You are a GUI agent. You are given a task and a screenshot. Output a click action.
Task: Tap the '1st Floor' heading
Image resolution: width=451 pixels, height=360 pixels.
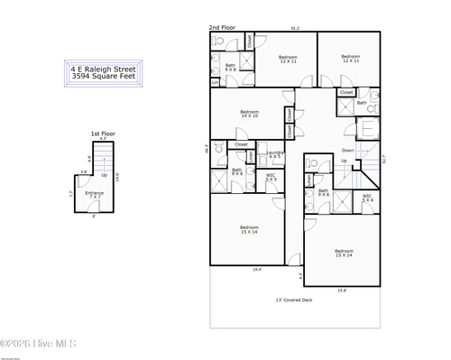point(102,134)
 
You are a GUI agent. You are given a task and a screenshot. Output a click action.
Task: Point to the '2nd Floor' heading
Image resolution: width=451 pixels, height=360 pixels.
point(222,28)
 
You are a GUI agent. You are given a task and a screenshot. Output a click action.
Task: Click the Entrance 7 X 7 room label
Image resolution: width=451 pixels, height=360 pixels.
point(94,194)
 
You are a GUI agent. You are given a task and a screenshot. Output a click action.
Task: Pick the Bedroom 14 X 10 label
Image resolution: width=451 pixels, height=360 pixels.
point(250,114)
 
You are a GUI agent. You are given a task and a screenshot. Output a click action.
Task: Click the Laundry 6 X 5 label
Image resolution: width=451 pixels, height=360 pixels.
point(276,154)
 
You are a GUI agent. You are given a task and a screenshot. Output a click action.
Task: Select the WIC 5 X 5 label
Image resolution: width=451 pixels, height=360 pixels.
point(271,177)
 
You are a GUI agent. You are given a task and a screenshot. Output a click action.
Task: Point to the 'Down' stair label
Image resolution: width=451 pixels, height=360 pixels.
point(347,150)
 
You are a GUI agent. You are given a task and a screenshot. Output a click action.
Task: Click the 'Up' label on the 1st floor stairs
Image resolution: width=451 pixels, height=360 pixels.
point(105,175)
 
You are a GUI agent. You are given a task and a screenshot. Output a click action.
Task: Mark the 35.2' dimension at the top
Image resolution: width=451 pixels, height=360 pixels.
point(294,29)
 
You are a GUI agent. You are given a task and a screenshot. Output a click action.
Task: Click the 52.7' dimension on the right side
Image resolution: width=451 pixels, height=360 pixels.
point(384,160)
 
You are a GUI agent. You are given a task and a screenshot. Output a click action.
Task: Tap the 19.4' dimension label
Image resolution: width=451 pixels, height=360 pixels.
point(257,268)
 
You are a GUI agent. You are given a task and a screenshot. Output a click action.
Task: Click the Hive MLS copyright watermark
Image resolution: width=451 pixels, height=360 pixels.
point(39,343)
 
